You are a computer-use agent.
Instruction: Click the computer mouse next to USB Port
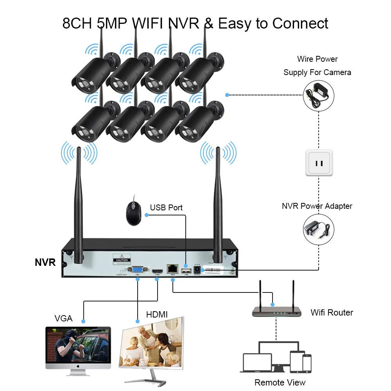pyautogui.click(x=133, y=213)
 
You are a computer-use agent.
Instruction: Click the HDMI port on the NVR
pyautogui.click(x=157, y=270)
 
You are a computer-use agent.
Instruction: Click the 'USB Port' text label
pyautogui.click(x=166, y=207)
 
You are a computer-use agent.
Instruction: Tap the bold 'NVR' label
pyautogui.click(x=45, y=262)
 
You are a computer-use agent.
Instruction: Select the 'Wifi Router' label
pyautogui.click(x=332, y=312)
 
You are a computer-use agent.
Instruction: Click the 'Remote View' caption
pyautogui.click(x=280, y=382)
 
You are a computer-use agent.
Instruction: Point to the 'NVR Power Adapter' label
pyautogui.click(x=317, y=206)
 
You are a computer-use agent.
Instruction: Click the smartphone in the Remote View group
pyautogui.click(x=307, y=363)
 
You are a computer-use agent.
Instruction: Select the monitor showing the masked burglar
pyautogui.click(x=78, y=346)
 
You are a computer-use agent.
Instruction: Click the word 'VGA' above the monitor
pyautogui.click(x=64, y=318)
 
